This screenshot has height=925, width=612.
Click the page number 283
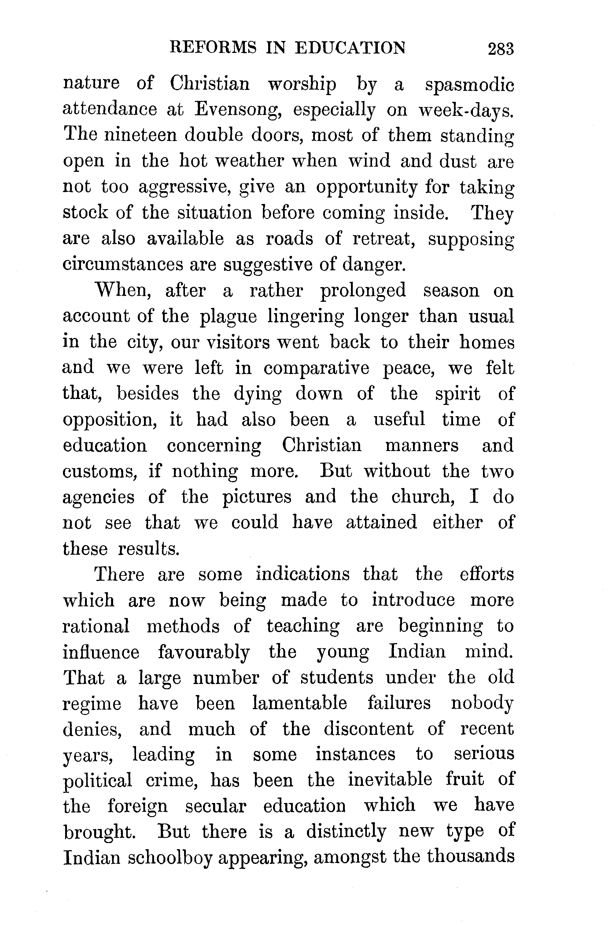point(501,49)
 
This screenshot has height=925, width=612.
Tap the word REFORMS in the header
point(213,48)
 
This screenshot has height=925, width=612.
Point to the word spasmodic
point(469,85)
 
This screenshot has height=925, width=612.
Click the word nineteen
point(141,135)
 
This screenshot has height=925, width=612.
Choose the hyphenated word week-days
point(466,110)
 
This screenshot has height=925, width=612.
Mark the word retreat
point(383,239)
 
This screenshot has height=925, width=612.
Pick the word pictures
point(257,498)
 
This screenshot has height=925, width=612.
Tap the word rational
point(96,626)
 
